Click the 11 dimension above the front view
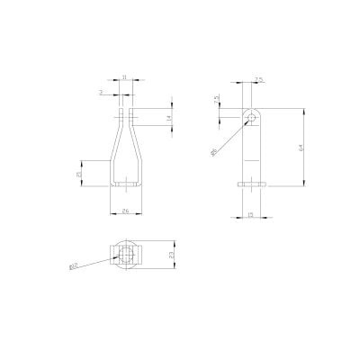click(124, 78)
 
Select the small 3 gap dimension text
click(102, 92)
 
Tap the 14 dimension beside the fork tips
click(168, 118)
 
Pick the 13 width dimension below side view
click(249, 215)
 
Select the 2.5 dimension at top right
click(258, 80)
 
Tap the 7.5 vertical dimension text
click(217, 100)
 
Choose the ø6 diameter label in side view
click(213, 154)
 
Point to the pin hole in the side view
click(251, 117)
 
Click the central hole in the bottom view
click(125, 256)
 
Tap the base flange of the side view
click(251, 184)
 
